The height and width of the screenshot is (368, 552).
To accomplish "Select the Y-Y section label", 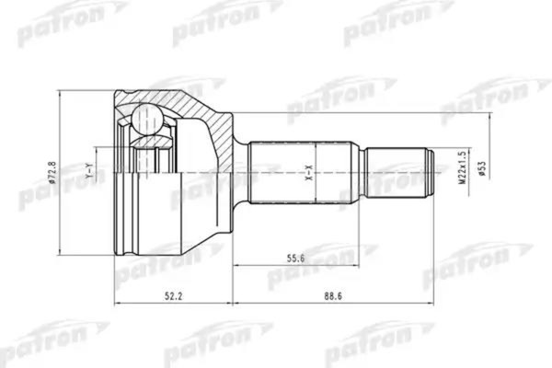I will [x=88, y=171].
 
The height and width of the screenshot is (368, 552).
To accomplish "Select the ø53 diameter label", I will [x=481, y=171].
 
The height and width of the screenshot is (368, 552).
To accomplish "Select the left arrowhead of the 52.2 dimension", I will [x=117, y=301].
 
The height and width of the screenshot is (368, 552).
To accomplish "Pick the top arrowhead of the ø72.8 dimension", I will [x=62, y=93].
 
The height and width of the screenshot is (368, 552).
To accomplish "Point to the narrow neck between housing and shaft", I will [x=241, y=171].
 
